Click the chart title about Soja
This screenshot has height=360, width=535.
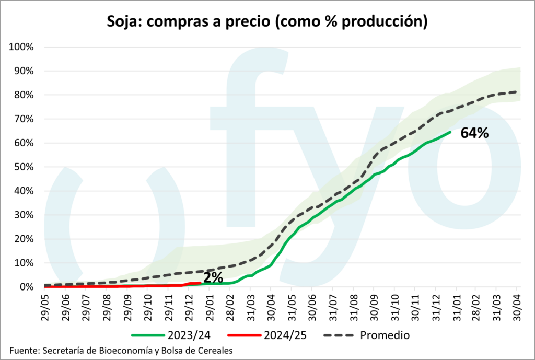click(x=267, y=21)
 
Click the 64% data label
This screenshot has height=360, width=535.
click(x=474, y=133)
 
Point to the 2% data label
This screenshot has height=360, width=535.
click(x=214, y=278)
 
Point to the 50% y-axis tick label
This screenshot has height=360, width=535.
click(x=24, y=167)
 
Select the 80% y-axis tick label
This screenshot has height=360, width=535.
click(x=24, y=95)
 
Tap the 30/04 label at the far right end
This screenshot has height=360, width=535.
click(x=516, y=305)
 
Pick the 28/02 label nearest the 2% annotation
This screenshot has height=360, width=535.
click(x=230, y=305)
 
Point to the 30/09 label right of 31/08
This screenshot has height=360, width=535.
click(x=373, y=305)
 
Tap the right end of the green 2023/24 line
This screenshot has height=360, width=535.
click(x=450, y=132)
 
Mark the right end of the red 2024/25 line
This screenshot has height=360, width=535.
click(x=201, y=283)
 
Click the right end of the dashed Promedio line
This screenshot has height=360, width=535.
click(x=517, y=92)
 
